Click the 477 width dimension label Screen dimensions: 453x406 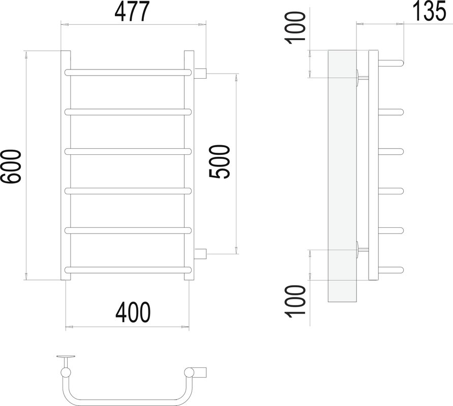(x=132, y=12)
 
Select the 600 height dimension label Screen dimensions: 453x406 (x=11, y=166)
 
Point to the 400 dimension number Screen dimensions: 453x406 (x=133, y=313)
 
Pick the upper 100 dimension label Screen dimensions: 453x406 (x=295, y=28)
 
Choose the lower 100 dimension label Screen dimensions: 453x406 (x=295, y=301)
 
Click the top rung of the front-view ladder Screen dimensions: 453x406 (x=129, y=73)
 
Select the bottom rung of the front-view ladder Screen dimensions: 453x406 (x=129, y=270)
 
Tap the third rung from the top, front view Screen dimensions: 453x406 (x=129, y=151)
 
